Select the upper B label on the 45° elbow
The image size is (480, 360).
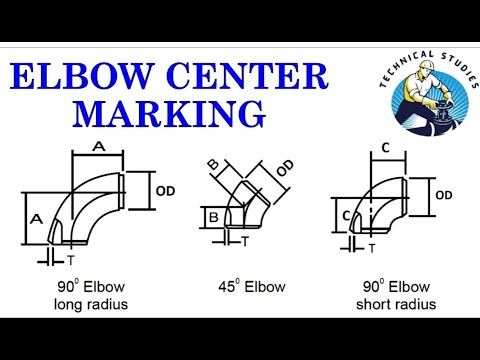coord(213,164)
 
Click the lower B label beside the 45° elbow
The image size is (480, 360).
coord(212,215)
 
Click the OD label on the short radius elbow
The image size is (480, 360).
coord(445,194)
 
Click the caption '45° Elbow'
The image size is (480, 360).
coord(254,287)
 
